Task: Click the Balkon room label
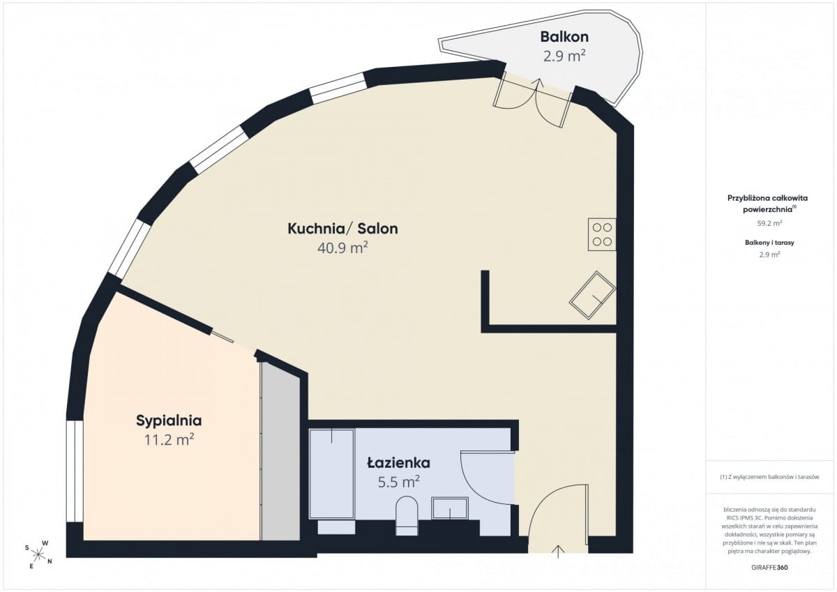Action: [x=564, y=37]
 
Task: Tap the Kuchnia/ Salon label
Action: [x=342, y=229]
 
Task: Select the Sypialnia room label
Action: [x=169, y=421]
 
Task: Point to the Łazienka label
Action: [x=399, y=463]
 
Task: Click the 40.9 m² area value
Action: [x=342, y=248]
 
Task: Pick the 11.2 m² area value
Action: [x=169, y=440]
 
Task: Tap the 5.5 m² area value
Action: [x=399, y=482]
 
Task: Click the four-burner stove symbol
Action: [x=602, y=234]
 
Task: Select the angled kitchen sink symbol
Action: [x=593, y=296]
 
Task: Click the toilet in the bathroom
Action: [x=407, y=515]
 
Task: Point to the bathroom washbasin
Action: [x=450, y=508]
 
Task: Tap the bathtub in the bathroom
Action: [x=332, y=474]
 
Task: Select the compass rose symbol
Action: [x=38, y=554]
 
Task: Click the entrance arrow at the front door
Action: [x=558, y=552]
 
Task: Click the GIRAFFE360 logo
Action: [x=769, y=568]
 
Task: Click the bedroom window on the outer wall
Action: [x=75, y=471]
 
